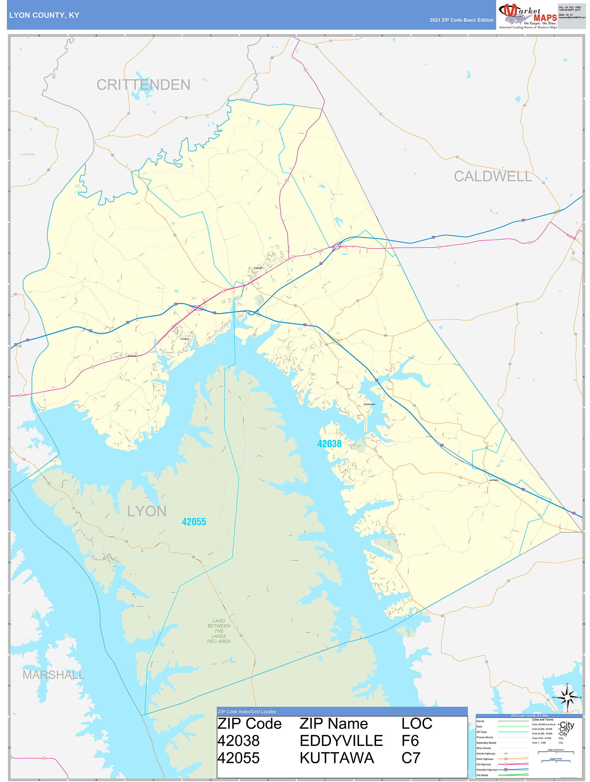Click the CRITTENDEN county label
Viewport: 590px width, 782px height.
(143, 85)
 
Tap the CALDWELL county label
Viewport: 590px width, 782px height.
(493, 177)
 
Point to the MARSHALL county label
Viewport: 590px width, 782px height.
(54, 675)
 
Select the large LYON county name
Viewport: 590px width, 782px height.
(147, 511)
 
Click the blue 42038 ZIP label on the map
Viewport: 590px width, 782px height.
(329, 444)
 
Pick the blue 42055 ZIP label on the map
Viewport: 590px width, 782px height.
(194, 522)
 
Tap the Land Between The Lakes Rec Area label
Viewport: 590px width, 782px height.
(219, 631)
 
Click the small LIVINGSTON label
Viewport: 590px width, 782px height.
(27, 155)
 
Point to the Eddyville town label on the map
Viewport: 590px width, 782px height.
(258, 268)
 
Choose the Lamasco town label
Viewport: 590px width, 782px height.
(494, 480)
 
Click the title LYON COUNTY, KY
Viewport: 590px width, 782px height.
(44, 15)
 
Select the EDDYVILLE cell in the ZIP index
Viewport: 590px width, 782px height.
(341, 740)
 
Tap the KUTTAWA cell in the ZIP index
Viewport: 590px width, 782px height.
(337, 758)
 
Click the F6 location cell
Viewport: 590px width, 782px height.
(410, 740)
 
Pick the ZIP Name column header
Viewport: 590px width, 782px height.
(334, 724)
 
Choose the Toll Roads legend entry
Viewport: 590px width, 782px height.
(482, 775)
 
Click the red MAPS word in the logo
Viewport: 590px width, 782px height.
(545, 18)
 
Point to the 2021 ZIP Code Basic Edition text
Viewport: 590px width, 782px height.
(461, 20)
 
